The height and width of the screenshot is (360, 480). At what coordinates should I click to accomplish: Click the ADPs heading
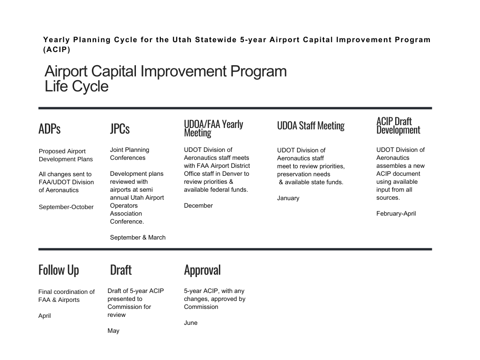click(x=49, y=128)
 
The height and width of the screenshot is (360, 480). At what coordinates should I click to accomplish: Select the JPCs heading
click(x=120, y=128)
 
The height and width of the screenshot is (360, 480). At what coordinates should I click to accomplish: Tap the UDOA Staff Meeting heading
click(x=311, y=126)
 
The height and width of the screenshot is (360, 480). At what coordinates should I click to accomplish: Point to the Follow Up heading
click(x=59, y=270)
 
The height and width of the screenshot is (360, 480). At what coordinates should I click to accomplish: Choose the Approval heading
click(x=202, y=270)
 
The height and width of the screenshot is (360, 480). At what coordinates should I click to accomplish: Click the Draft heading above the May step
click(x=120, y=270)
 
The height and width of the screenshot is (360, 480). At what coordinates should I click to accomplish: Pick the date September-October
click(x=66, y=207)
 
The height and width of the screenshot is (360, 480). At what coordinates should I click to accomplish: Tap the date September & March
click(x=138, y=238)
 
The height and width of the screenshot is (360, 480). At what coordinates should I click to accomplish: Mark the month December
click(x=198, y=206)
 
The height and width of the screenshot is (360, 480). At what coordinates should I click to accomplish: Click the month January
click(x=288, y=198)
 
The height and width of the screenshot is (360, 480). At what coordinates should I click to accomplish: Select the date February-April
click(x=396, y=214)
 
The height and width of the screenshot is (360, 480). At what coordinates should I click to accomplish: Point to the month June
click(x=190, y=322)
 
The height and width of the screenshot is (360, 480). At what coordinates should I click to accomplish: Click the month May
click(x=113, y=331)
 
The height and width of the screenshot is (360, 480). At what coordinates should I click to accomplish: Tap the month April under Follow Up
click(x=45, y=316)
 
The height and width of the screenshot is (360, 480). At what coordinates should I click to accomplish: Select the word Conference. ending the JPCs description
click(x=127, y=222)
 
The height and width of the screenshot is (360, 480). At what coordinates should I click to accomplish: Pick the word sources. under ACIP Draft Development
click(x=388, y=198)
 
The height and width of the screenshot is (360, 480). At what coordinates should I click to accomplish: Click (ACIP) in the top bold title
click(x=57, y=50)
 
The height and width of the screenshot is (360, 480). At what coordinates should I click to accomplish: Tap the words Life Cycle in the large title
click(x=76, y=86)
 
